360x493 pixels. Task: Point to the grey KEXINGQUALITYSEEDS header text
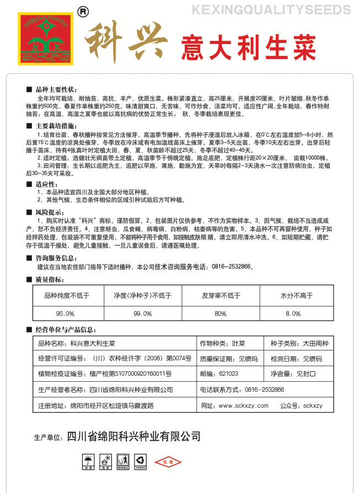pyautogui.click(x=270, y=10)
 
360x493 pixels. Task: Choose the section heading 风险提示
pyautogui.click(x=50, y=212)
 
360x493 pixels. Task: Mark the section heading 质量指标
pyautogui.click(x=50, y=280)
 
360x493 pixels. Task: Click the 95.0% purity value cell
pyautogui.click(x=65, y=313)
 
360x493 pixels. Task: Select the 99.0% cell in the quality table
pyautogui.click(x=142, y=313)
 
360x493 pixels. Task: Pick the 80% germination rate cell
pyautogui.click(x=221, y=313)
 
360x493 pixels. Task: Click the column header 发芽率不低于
pyautogui.click(x=221, y=295)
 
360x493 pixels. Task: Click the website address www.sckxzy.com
pyautogui.click(x=243, y=405)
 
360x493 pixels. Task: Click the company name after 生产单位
pyautogui.click(x=133, y=437)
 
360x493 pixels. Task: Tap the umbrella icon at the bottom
pyautogui.click(x=88, y=461)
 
